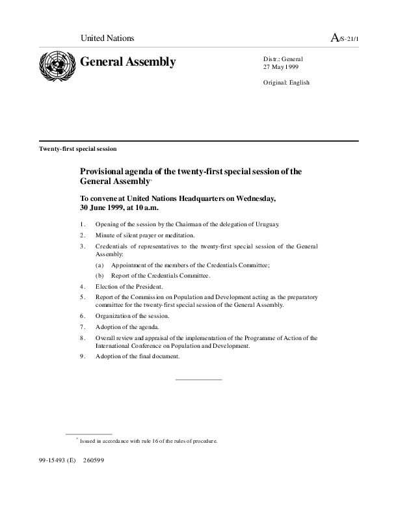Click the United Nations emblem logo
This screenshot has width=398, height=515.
click(x=56, y=66)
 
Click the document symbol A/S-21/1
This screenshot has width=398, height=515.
click(x=345, y=39)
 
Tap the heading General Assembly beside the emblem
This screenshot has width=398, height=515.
click(x=127, y=62)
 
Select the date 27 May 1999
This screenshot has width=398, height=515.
click(x=281, y=67)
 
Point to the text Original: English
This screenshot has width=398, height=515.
click(x=286, y=83)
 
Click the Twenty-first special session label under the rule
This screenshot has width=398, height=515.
click(x=78, y=149)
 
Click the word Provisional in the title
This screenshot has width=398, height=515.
click(x=103, y=172)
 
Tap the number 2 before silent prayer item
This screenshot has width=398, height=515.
click(x=83, y=235)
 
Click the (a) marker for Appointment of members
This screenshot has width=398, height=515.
click(x=99, y=265)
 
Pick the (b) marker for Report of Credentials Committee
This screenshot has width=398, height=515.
click(x=99, y=276)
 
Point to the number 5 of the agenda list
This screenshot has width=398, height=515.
click(x=83, y=297)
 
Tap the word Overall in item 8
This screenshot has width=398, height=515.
click(x=106, y=338)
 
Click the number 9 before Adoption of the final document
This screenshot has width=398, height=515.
click(x=83, y=356)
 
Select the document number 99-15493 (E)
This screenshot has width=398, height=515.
click(x=58, y=460)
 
